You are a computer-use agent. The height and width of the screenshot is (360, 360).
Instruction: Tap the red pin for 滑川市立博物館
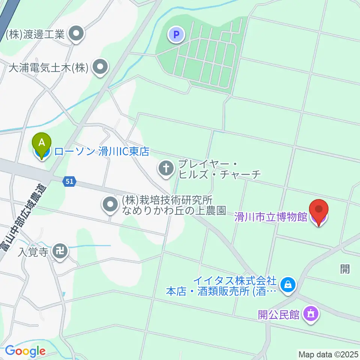tap(319, 211)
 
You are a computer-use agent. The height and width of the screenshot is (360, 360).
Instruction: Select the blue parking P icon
tap(176, 35)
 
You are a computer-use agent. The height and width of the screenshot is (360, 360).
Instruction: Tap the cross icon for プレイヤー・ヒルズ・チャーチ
tap(166, 168)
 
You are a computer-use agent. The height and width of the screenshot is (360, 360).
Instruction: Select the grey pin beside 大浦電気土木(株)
tap(100, 67)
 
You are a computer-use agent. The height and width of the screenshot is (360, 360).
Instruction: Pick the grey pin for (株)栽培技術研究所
tap(110, 204)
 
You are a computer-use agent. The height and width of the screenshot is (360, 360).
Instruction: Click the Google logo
tap(25, 351)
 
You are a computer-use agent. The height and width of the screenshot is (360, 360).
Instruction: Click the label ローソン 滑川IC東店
tap(102, 151)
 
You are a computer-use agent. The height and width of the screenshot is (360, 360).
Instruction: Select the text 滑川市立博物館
tap(271, 217)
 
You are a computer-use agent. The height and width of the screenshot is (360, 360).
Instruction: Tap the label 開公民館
tap(279, 314)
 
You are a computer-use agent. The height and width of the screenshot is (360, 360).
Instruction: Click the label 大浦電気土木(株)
tap(48, 68)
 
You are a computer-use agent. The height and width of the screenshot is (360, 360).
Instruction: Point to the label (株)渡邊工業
tap(36, 35)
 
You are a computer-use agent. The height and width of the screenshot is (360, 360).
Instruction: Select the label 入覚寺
tap(33, 252)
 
